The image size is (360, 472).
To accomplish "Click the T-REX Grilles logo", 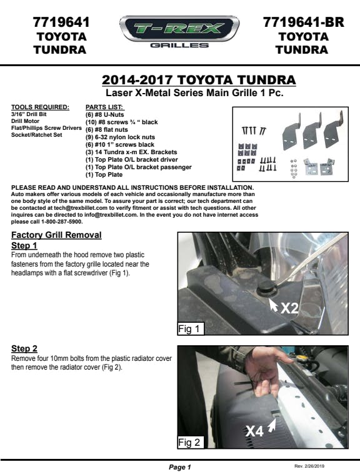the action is pos(179,32).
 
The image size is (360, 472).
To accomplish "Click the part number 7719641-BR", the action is pos(303,22).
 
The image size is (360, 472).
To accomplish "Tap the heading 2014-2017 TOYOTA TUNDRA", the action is pos(199,80).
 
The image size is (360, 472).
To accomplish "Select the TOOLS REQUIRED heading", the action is pos(40,107).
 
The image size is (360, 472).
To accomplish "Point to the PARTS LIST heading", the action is pos(105,107).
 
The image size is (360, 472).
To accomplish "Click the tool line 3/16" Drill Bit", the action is pos(29,114).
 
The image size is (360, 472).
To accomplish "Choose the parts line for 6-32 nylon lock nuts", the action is pos(120,137).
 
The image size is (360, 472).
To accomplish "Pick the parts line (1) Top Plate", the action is pos(104,175).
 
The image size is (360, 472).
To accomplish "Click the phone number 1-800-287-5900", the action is pos(62,222).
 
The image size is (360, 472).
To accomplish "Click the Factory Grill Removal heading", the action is pos(56,235).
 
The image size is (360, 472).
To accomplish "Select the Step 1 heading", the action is pos(24,245).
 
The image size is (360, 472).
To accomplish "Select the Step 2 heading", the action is pos(24,348).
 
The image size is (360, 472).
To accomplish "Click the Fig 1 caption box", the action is pos(191,328).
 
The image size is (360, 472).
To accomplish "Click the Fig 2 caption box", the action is pos(191,442).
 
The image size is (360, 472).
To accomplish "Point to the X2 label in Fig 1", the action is pos(289,308).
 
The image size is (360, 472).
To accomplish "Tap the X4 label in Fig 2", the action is pos(254,431).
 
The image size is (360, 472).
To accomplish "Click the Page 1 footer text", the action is pos(180,467).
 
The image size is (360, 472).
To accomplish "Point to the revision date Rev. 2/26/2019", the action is pos(309,466).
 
